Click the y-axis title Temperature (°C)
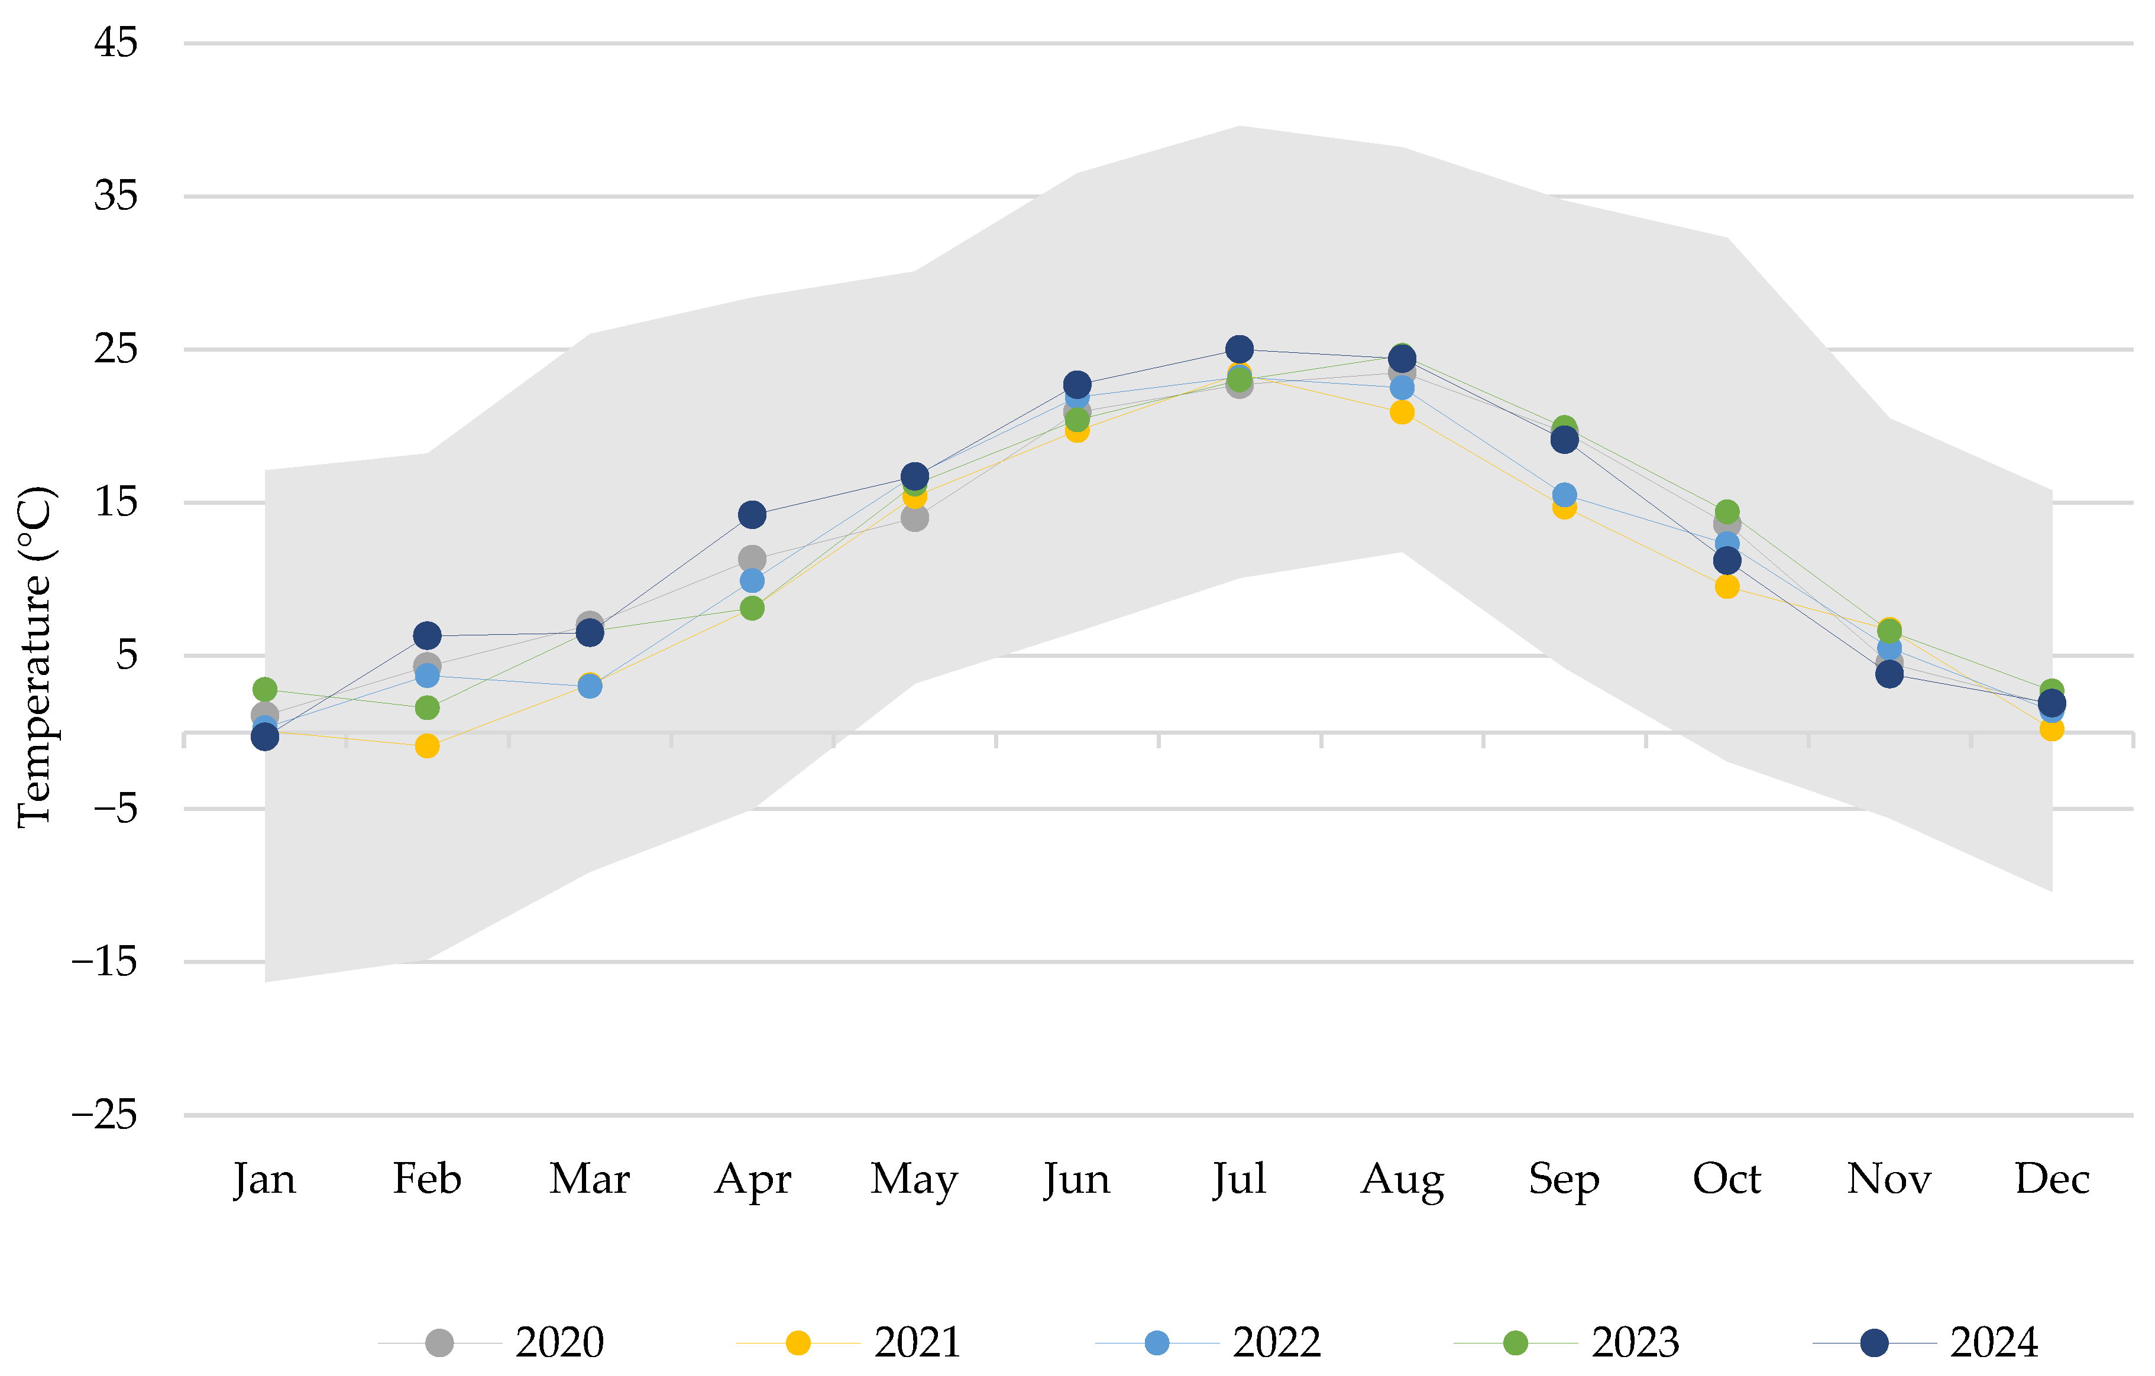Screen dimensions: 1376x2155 tap(36, 658)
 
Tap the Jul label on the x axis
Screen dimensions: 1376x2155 tap(1240, 1178)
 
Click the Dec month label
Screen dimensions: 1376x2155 tap(2052, 1178)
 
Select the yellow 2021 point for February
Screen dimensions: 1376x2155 tap(427, 745)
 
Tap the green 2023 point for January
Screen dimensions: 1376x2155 tap(265, 689)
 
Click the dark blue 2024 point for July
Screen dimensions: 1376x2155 tap(1240, 349)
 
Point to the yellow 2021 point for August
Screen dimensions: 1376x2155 tap(1402, 413)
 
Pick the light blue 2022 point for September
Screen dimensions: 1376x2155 tap(1564, 495)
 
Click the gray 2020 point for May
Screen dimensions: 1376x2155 tap(915, 518)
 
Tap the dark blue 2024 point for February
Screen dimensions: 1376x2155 tap(427, 636)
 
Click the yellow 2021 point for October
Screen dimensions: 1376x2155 tap(1727, 587)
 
